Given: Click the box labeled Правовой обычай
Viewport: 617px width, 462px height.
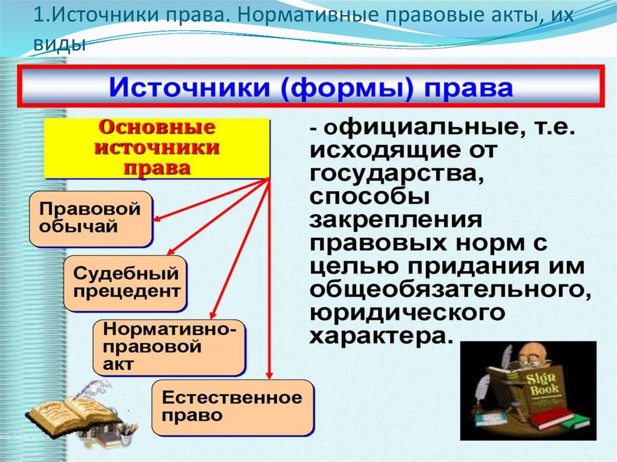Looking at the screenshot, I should pos(90,219).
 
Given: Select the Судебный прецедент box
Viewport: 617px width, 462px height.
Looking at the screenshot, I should pos(126,283).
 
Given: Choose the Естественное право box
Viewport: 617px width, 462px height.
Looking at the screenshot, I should pos(232,407).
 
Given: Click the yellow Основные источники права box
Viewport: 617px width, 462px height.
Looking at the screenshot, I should pos(157,148).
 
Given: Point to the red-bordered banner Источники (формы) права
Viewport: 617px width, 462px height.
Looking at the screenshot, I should pos(312,88).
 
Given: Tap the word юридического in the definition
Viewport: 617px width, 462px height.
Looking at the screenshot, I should pos(407,313).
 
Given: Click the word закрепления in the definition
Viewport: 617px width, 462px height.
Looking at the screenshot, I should pos(395,221).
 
